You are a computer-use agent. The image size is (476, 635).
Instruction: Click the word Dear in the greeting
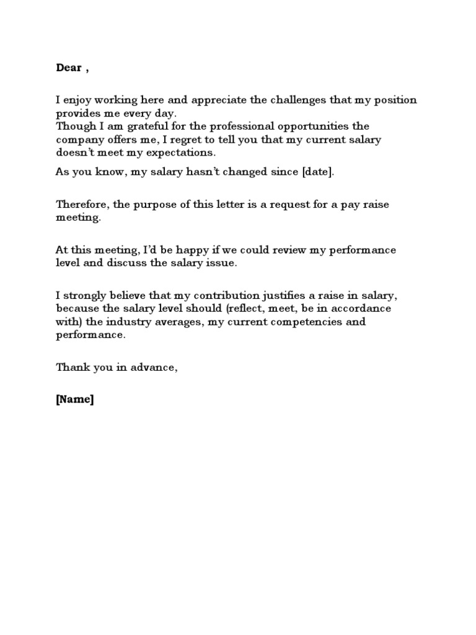click(x=68, y=68)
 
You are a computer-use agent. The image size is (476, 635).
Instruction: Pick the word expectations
click(x=172, y=153)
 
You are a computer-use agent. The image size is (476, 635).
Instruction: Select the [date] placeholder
click(x=317, y=171)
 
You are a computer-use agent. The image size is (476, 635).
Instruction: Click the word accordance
click(x=359, y=308)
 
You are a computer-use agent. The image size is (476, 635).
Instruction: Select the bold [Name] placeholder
click(x=75, y=400)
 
